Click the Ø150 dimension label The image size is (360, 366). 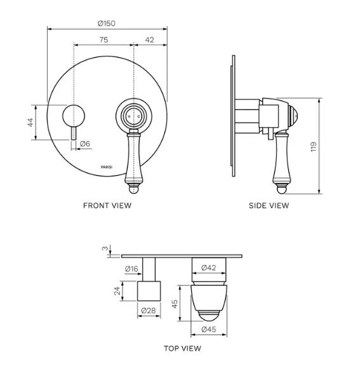[107, 23]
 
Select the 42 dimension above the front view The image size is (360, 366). [150, 39]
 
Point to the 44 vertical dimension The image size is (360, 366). [30, 122]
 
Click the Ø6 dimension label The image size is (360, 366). [86, 144]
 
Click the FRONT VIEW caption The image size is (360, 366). [107, 205]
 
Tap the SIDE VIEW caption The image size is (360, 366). [269, 205]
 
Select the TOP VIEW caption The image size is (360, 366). [182, 348]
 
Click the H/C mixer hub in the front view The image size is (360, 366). [133, 117]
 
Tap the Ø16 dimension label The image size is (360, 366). [132, 268]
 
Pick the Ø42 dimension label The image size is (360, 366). [210, 268]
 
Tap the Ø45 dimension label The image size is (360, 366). [210, 330]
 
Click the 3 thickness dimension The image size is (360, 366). [105, 249]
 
